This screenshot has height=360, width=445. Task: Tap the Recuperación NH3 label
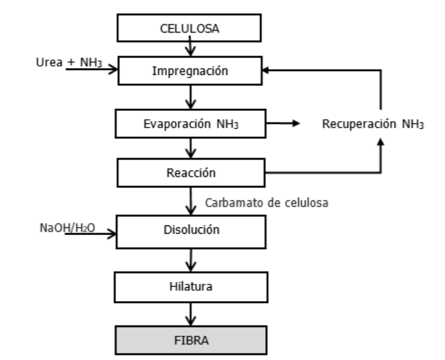(x=372, y=123)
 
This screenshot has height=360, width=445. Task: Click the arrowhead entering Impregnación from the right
(x=271, y=71)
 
